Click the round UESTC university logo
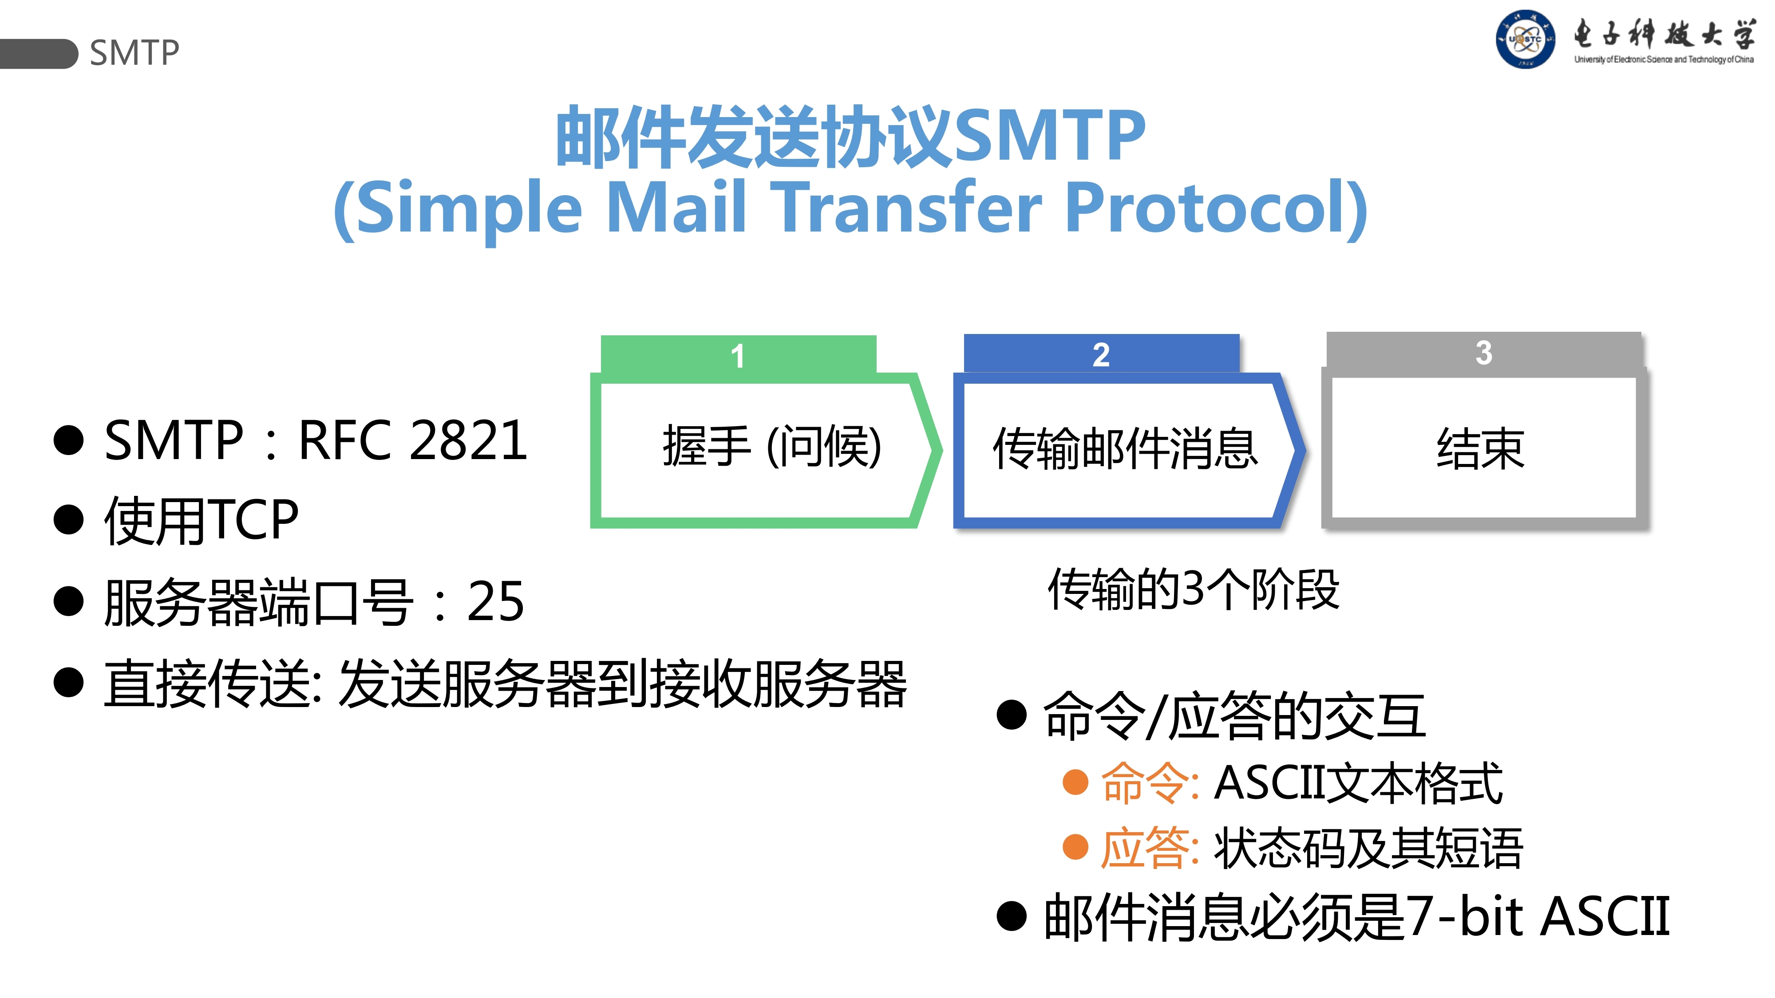pyautogui.click(x=1524, y=39)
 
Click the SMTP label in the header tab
pyautogui.click(x=134, y=53)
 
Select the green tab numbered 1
pyautogui.click(x=738, y=355)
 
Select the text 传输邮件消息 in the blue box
pyautogui.click(x=1125, y=448)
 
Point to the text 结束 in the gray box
pyautogui.click(x=1481, y=448)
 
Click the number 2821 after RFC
pyautogui.click(x=469, y=441)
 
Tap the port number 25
pyautogui.click(x=495, y=601)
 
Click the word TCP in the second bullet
pyautogui.click(x=253, y=520)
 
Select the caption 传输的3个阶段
pyautogui.click(x=1194, y=589)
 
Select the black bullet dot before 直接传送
pyautogui.click(x=68, y=683)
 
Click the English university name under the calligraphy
pyautogui.click(x=1664, y=60)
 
